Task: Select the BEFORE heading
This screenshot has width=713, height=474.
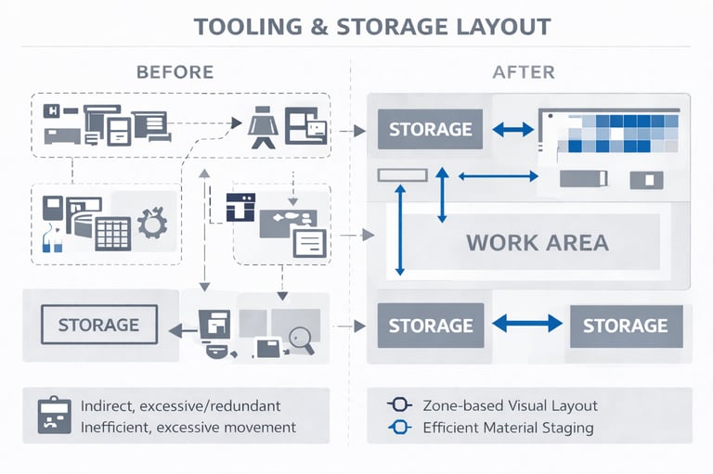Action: [x=175, y=72]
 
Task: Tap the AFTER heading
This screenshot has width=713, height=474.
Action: [x=524, y=72]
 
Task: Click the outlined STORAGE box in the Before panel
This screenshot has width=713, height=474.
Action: [x=99, y=325]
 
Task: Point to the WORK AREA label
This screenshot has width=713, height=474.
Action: [x=538, y=243]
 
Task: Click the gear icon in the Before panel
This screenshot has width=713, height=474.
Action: [x=152, y=223]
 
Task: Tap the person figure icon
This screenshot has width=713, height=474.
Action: [x=264, y=127]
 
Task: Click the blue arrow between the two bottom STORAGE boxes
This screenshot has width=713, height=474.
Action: [x=527, y=324]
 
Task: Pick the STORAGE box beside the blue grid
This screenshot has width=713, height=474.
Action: [x=430, y=129]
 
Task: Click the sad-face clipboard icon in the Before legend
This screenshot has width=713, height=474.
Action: [x=55, y=416]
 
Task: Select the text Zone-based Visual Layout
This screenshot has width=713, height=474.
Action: [x=511, y=405]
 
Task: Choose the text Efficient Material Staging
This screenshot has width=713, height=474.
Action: [x=509, y=428]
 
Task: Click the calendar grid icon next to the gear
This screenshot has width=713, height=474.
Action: [x=113, y=234]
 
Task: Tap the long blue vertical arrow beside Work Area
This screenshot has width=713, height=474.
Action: [x=400, y=230]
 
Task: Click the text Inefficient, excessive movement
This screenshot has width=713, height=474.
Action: [x=188, y=428]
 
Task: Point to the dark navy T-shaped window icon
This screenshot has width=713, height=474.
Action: [x=241, y=207]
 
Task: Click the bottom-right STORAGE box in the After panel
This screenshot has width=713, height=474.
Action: [x=626, y=326]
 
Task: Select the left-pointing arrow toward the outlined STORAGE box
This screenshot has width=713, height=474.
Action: [x=183, y=331]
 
